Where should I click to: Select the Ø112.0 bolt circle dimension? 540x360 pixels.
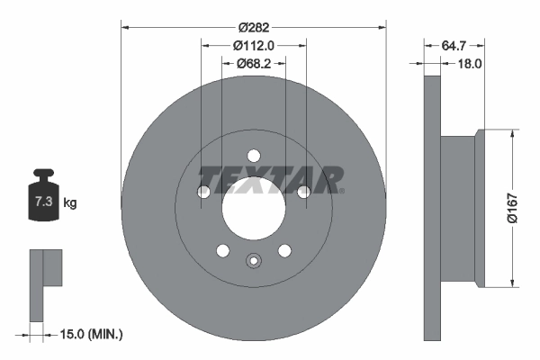pyautogui.click(x=253, y=45)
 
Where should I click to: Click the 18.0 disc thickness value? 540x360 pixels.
pyautogui.click(x=472, y=64)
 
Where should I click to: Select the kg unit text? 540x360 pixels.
pyautogui.click(x=70, y=203)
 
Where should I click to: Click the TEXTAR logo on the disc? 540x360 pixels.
pyautogui.click(x=270, y=179)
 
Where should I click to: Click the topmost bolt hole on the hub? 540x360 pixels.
pyautogui.click(x=253, y=154)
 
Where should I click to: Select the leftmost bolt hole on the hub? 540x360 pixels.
pyautogui.click(x=203, y=192)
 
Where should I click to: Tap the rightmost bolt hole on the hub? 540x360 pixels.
pyautogui.click(x=304, y=192)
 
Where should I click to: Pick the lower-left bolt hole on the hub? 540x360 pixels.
pyautogui.click(x=221, y=250)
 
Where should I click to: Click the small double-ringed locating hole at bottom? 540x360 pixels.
pyautogui.click(x=253, y=262)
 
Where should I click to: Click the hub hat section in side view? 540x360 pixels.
pyautogui.click(x=460, y=208)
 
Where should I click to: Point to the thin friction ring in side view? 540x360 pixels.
pyautogui.click(x=432, y=208)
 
